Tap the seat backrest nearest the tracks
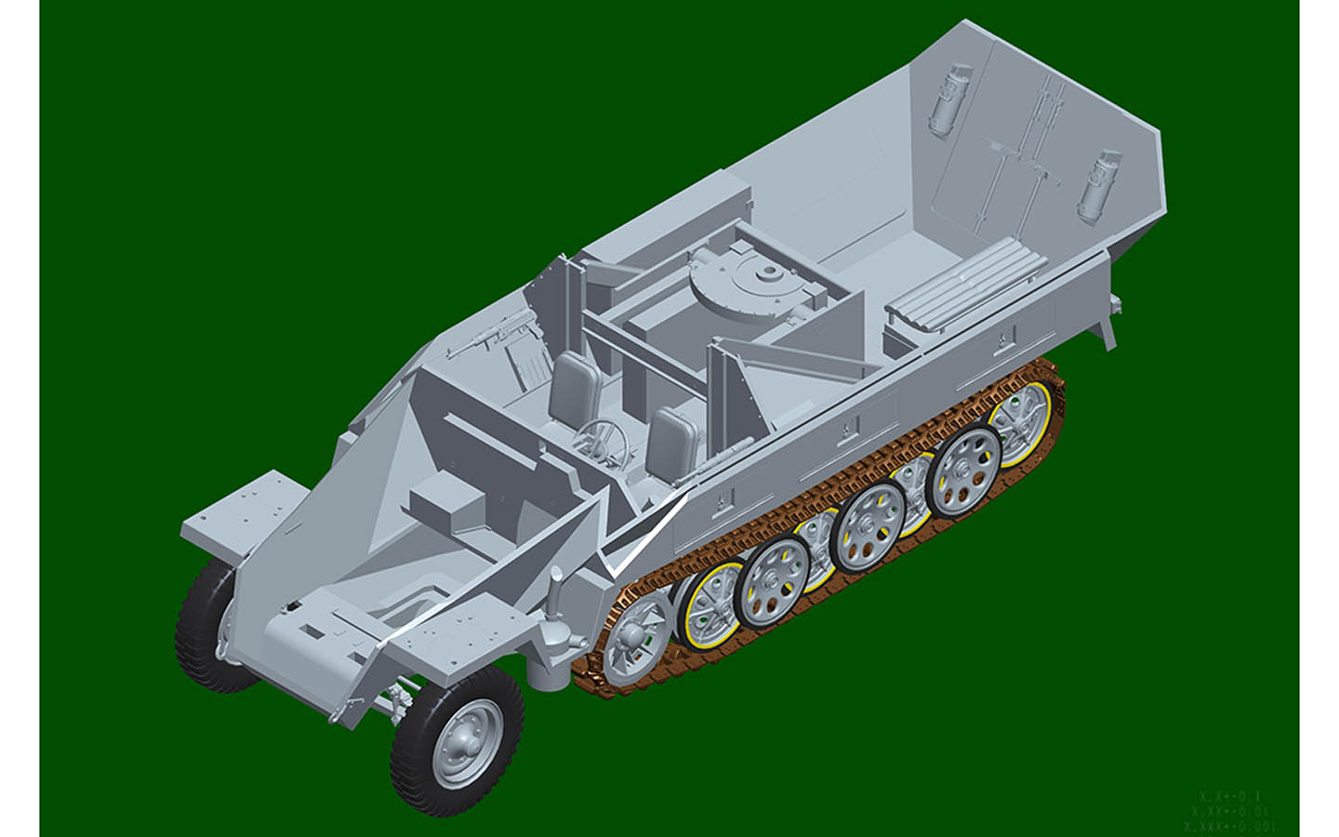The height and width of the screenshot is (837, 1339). coord(674,437)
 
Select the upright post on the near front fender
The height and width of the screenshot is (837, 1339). coord(555,595)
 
